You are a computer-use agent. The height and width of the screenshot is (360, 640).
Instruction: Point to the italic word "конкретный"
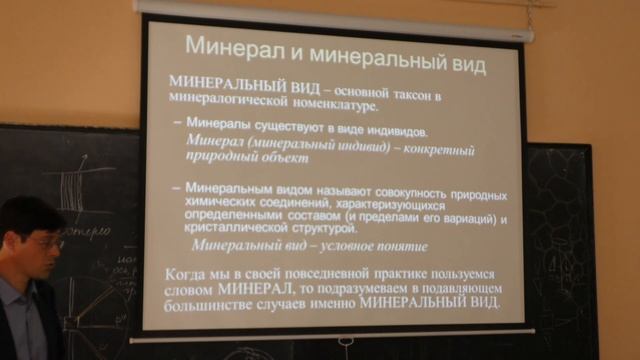click(433, 146)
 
